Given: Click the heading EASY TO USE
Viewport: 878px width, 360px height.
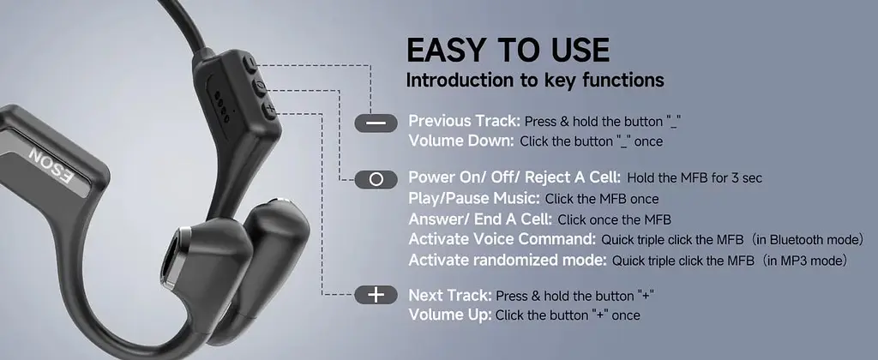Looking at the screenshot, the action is pos(508,51).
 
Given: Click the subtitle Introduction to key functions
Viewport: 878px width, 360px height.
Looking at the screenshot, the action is pos(535,80).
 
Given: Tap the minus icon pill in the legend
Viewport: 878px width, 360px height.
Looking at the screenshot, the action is pos(376,123).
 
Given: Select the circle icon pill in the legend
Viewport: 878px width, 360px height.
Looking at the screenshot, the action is pos(376,179).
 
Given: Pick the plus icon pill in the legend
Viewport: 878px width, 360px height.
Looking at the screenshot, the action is pos(376,295).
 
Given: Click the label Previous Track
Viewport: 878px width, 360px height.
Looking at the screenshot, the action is pos(465,121).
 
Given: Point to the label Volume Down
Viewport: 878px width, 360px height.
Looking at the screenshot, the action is pos(460,141).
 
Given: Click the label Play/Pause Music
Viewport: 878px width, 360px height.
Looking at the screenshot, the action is pos(474,198).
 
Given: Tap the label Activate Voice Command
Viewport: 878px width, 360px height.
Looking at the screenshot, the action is pos(502,239).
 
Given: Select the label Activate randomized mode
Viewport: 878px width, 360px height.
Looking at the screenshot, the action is pos(508,260).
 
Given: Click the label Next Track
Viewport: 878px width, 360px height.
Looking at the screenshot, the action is pos(450,295).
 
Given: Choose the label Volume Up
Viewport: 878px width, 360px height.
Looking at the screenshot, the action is pos(449,315).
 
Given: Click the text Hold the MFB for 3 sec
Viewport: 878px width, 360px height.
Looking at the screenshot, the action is pos(695,178).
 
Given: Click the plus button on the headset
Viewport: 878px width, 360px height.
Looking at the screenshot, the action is pos(270,111).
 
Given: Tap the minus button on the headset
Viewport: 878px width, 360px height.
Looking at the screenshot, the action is pos(250,63).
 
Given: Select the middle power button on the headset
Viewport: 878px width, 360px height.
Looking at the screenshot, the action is pos(261,87).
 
